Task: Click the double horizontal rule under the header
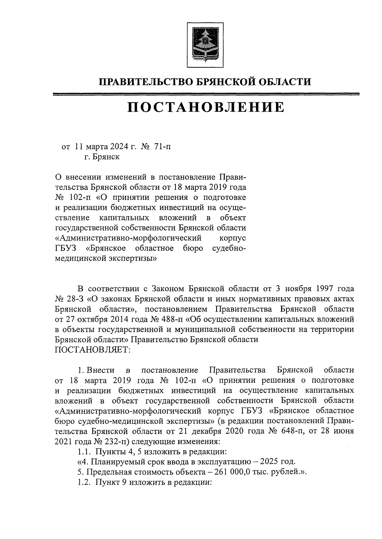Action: tap(206, 94)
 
